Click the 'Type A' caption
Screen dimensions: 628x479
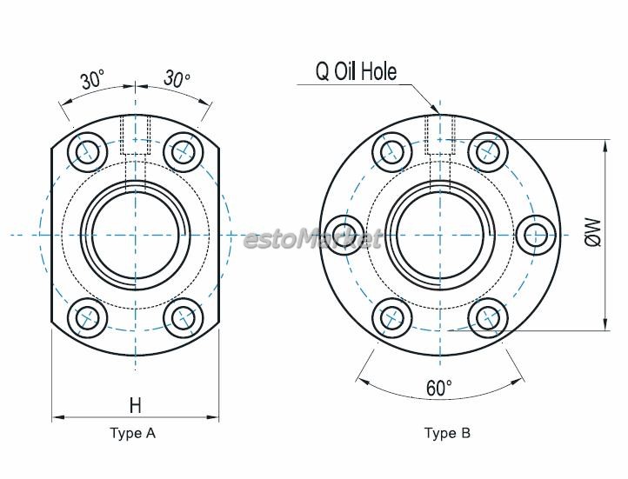[x=132, y=434]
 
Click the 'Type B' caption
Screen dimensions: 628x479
[x=447, y=434]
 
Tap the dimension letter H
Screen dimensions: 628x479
[x=136, y=405]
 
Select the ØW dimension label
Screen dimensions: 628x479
[x=593, y=232]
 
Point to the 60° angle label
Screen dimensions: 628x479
[x=439, y=388]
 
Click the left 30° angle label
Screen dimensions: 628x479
[x=93, y=80]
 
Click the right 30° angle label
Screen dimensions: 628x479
[x=177, y=78]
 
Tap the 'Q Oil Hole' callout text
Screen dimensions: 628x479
[x=356, y=72]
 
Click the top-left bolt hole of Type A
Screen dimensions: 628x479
[x=88, y=152]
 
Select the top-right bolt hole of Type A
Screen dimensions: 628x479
[x=184, y=152]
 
